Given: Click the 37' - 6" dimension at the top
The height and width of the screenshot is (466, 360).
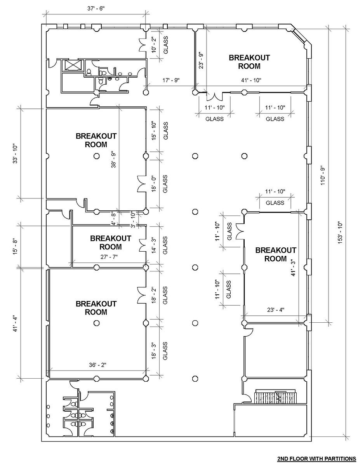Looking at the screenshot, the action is (x=96, y=9).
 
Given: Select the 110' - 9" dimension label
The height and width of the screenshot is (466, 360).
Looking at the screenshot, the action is (x=323, y=176).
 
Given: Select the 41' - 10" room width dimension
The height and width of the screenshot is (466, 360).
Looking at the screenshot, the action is (x=251, y=80).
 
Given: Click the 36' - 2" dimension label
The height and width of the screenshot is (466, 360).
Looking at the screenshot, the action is (x=97, y=365).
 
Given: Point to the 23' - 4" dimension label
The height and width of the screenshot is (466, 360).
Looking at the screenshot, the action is (x=275, y=310).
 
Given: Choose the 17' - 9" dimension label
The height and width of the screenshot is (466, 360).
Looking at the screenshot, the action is (x=170, y=80).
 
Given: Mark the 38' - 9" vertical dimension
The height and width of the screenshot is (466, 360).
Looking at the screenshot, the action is (x=113, y=160).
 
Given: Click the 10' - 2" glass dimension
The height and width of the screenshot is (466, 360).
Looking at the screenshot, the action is (x=154, y=45).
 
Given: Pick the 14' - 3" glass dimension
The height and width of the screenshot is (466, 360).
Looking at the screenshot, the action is (x=154, y=245).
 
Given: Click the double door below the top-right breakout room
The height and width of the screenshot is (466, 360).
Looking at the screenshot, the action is (x=215, y=96).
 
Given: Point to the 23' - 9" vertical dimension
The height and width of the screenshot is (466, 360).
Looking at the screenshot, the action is (x=201, y=60).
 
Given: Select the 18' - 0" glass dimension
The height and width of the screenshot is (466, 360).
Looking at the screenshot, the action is (x=154, y=184).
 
